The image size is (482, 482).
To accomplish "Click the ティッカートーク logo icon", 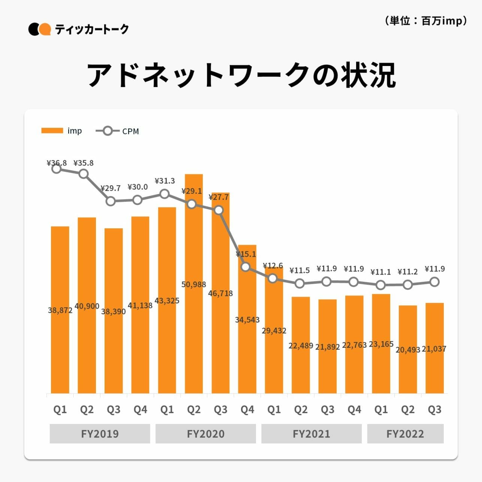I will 39,29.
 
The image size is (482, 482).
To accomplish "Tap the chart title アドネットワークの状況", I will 241,75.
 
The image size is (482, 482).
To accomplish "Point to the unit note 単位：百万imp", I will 426,21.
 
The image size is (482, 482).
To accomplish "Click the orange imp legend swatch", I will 52,130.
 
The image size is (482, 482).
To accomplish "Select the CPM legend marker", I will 108,131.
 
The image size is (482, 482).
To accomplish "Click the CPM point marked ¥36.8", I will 57,169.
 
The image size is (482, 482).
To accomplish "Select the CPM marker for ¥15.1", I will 245,267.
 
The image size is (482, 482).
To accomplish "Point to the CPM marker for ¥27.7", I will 219,210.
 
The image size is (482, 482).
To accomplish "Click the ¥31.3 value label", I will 165,181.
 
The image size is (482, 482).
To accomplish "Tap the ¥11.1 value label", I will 380,272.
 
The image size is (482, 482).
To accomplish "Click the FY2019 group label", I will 100,434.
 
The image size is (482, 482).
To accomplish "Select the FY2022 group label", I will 405,434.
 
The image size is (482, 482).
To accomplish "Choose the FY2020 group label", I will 205,434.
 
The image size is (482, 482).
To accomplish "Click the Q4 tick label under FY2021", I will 354,410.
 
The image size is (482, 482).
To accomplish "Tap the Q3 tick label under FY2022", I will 434,410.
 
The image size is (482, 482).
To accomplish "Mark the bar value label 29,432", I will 274,331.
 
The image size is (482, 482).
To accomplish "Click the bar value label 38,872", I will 60,310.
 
